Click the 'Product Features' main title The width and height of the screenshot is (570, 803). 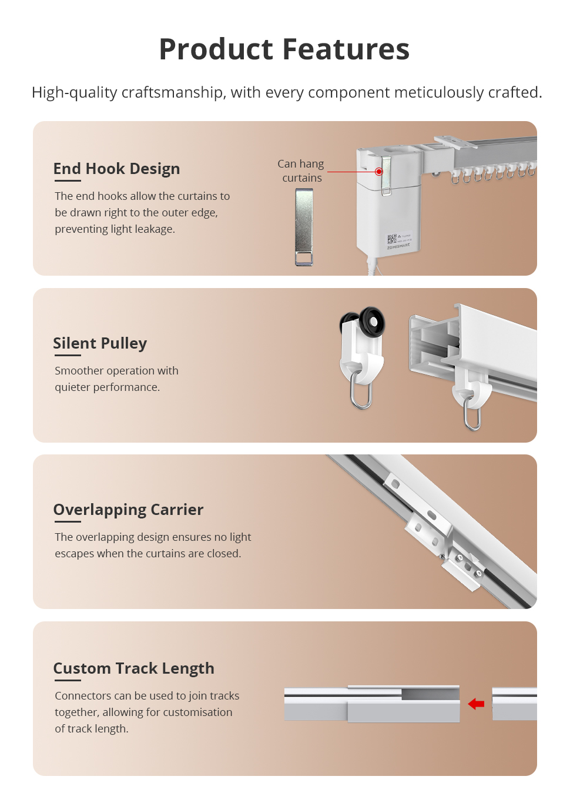(x=284, y=49)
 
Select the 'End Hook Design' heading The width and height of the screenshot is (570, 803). (x=116, y=169)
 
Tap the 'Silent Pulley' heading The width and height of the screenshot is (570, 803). (x=100, y=343)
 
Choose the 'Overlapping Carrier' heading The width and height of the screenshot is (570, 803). (x=128, y=510)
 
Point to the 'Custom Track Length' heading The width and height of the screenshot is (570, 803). (x=133, y=668)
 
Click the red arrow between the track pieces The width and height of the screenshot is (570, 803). (x=476, y=704)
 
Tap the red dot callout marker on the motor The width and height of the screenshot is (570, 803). (x=378, y=172)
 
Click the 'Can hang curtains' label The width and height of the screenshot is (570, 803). (x=301, y=170)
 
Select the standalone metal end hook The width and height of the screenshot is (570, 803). (x=304, y=227)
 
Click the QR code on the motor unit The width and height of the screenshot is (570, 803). (x=392, y=239)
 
